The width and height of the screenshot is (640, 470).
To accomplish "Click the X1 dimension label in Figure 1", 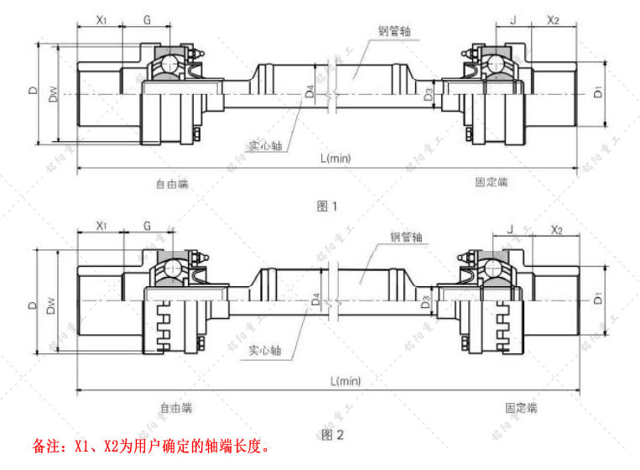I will (x=100, y=18).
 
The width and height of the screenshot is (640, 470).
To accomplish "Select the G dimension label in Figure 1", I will (x=147, y=18).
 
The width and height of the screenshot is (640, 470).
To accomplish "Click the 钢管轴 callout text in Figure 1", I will (x=394, y=30).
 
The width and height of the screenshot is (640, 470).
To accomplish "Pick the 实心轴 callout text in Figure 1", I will (x=264, y=144).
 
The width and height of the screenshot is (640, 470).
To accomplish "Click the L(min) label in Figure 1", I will (x=336, y=158).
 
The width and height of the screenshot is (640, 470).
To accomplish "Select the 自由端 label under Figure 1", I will (x=172, y=182).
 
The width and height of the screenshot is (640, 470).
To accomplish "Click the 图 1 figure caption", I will (x=327, y=206).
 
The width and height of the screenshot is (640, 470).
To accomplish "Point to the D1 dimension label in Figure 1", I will (x=597, y=92).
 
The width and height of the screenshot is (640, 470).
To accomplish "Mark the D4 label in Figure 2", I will (x=315, y=299).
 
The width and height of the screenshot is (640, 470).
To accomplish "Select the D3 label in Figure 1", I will (x=429, y=93).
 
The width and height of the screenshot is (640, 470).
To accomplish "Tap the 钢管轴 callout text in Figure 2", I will (x=406, y=237).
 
